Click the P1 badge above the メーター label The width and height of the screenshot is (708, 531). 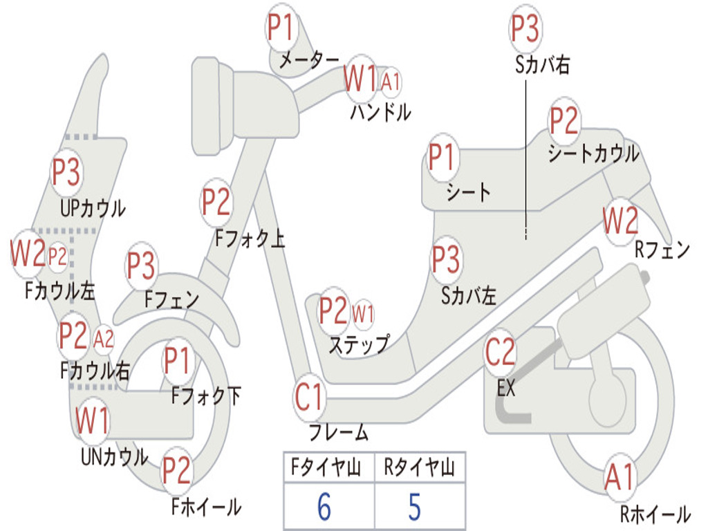(281, 28)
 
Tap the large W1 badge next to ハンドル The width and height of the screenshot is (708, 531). (360, 80)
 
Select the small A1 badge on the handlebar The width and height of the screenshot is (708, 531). (391, 82)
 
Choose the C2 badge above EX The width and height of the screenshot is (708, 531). (500, 352)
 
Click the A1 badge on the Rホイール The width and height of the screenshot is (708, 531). (619, 478)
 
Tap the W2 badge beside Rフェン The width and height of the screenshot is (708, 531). (621, 221)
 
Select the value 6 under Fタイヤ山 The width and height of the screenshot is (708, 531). (324, 507)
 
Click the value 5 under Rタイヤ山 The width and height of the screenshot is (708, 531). (415, 507)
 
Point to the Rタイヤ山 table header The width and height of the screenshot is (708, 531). (420, 467)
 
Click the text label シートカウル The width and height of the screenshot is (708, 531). (593, 153)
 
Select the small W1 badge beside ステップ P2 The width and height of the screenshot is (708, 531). (362, 313)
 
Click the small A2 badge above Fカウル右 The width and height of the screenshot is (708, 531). (104, 339)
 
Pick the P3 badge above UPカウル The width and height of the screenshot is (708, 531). (66, 172)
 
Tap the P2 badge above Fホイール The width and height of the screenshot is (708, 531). (176, 471)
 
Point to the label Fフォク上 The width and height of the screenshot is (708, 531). (250, 239)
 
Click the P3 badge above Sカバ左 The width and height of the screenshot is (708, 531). (446, 260)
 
